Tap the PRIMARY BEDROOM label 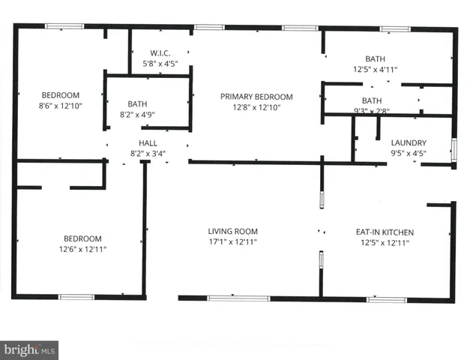(x=256, y=97)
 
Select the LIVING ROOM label (x=232, y=232)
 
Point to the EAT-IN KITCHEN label (x=384, y=232)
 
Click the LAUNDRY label (x=409, y=142)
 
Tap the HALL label (x=148, y=142)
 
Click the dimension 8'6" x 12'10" (x=60, y=106)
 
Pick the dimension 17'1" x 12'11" (x=232, y=242)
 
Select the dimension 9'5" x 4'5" (x=409, y=153)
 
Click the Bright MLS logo (x=29, y=349)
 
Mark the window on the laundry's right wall (x=454, y=148)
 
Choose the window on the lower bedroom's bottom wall (x=76, y=297)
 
